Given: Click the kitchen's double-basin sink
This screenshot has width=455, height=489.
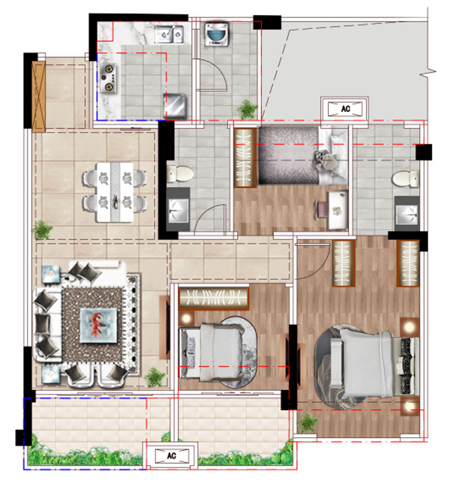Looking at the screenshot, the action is coord(168,34).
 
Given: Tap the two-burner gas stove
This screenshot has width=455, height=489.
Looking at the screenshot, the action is coord(108,78).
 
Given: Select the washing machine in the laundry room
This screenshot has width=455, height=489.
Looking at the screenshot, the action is coord(217,34).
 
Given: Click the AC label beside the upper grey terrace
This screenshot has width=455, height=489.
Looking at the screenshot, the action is coord(345,109).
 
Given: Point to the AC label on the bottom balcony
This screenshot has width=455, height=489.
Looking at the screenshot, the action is coord(172,455).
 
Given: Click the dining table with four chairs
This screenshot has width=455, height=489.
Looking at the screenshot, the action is coord(114,192).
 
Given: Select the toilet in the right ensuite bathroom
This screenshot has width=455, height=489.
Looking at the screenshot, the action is coord(406,179).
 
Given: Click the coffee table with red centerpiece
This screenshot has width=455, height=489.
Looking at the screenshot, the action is coord(98,325).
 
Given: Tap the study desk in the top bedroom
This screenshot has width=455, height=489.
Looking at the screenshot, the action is coord(337,210).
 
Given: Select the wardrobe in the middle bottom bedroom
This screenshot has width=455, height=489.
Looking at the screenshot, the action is coord(214,298).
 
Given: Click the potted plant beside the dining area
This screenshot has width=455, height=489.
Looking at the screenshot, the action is coord(42,230).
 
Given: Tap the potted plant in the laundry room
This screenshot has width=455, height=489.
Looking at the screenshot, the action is coord(247,109).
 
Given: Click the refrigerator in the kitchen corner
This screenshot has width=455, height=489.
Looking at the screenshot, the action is coord(175,106).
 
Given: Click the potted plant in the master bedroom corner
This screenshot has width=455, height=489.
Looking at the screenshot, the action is coord(308,422).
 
